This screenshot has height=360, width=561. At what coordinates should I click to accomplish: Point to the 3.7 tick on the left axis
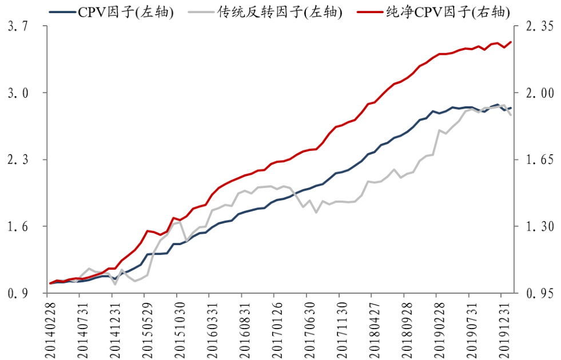click(x=19, y=26)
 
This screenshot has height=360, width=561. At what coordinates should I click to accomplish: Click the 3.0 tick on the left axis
click(x=19, y=93)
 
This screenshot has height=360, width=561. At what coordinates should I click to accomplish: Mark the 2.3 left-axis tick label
click(x=19, y=160)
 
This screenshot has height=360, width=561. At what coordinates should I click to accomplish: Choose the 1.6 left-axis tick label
click(x=19, y=227)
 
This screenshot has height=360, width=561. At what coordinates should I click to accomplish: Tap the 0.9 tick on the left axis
click(x=19, y=294)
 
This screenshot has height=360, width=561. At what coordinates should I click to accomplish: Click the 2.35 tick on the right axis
click(x=537, y=26)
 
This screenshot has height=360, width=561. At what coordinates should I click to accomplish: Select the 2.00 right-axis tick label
click(x=537, y=93)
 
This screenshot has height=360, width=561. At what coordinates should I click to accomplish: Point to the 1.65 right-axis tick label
click(x=537, y=160)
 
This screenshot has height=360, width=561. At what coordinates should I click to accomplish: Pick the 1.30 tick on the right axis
click(x=537, y=227)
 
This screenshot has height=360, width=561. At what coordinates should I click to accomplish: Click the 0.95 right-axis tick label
click(x=537, y=294)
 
